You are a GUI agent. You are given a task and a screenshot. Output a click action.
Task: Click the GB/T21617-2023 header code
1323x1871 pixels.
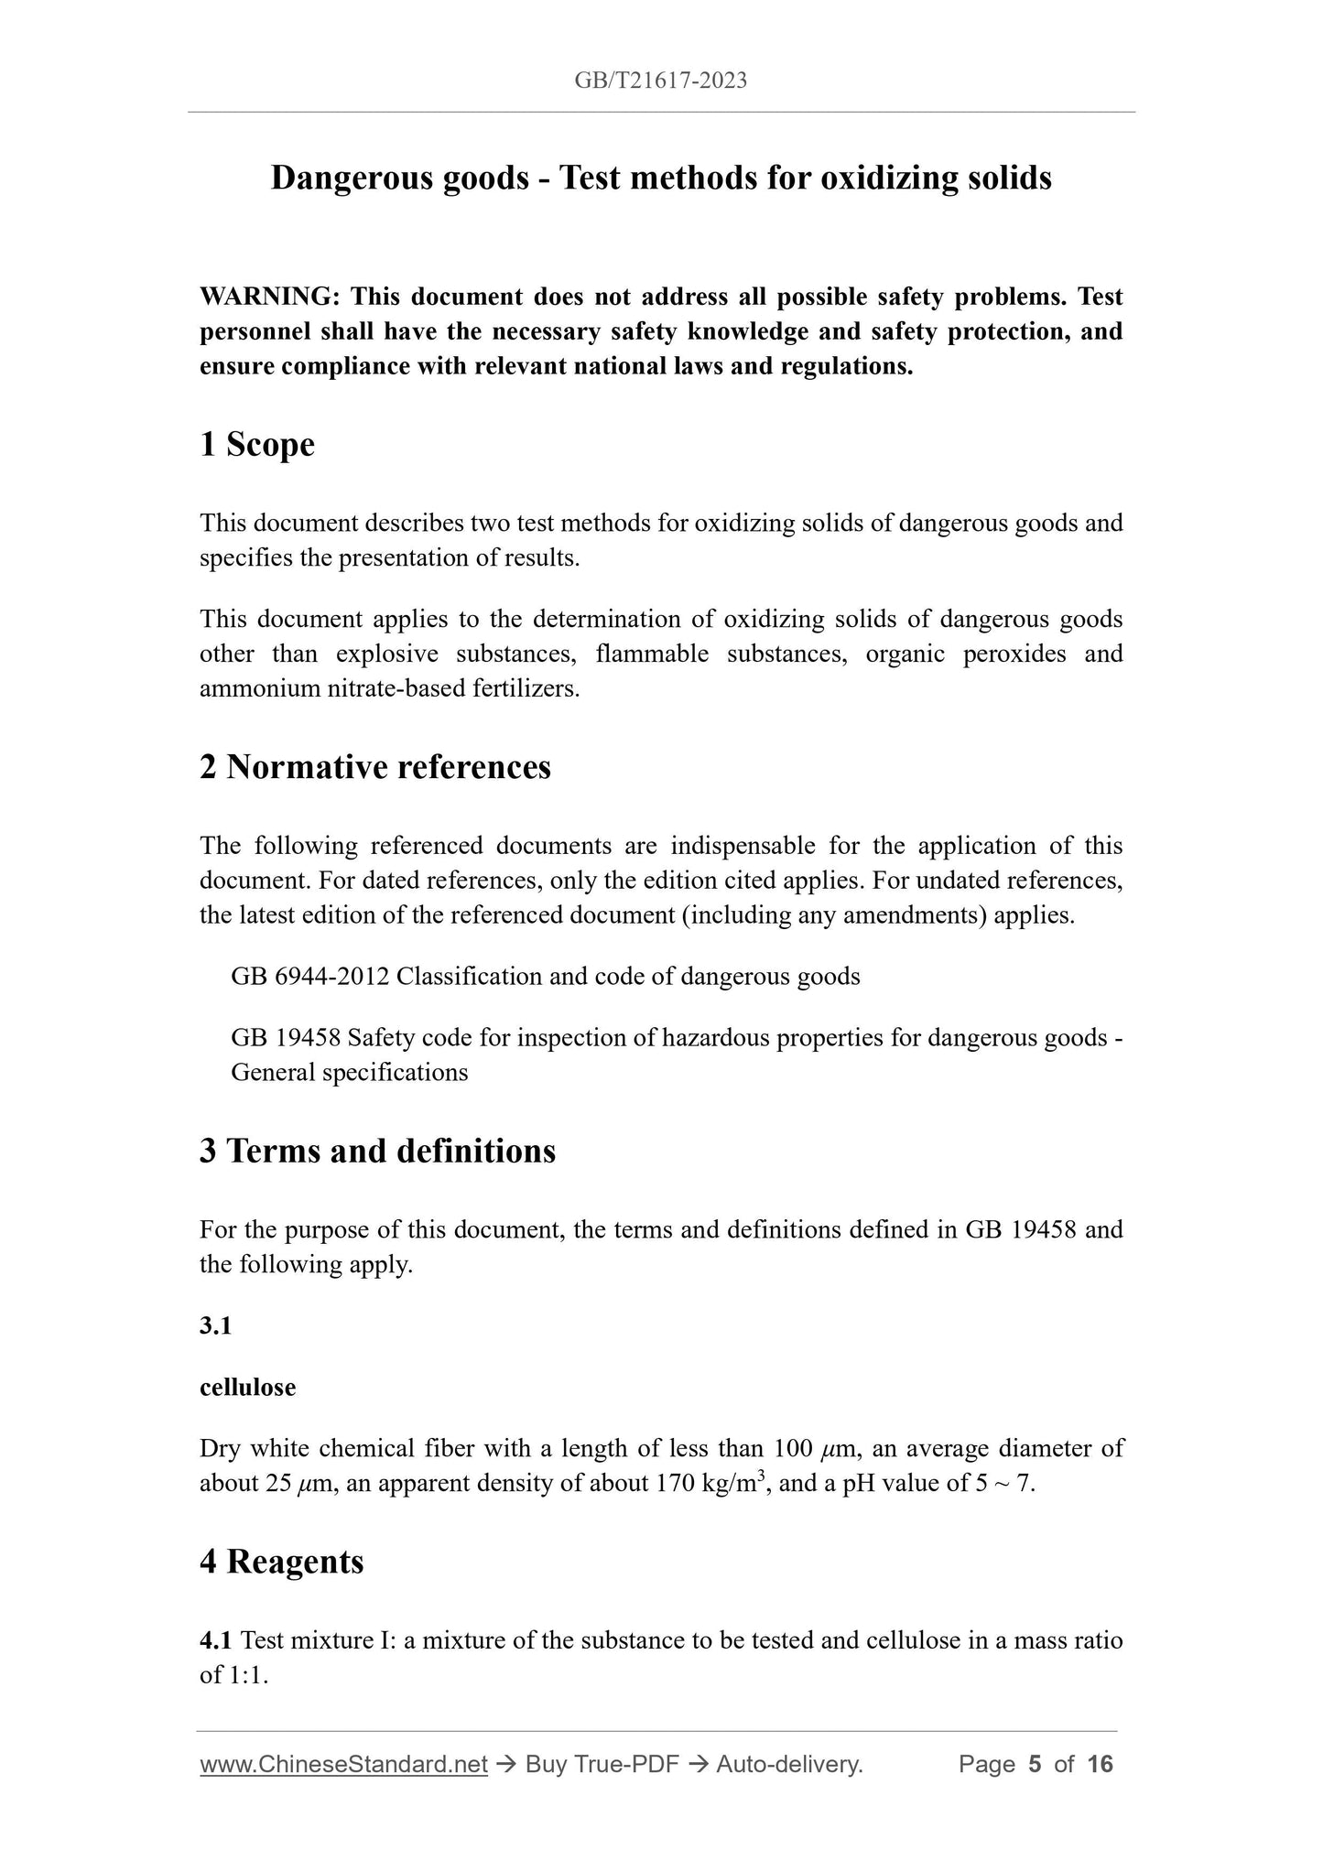pos(660,81)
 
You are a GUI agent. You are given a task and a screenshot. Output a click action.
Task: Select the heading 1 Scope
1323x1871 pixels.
pos(257,445)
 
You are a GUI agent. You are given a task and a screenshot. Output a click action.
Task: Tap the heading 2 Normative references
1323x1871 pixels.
pos(375,767)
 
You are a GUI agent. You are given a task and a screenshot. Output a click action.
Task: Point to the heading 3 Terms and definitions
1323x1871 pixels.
pos(377,1151)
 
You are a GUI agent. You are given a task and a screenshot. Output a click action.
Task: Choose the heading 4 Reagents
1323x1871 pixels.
pos(281,1561)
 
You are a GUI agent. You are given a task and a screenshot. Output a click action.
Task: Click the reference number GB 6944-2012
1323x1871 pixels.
pos(310,977)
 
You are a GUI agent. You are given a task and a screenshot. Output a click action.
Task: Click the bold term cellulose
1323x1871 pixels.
pos(247,1388)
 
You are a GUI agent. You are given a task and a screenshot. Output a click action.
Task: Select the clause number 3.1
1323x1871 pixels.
pos(215,1325)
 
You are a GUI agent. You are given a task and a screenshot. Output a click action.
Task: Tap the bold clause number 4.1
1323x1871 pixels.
pos(216,1640)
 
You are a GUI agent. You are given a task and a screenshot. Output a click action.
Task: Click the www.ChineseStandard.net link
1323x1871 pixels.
pos(342,1764)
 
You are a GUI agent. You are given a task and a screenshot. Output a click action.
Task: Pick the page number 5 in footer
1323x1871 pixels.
pos(1035,1764)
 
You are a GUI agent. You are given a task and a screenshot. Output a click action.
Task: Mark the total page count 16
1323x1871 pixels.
pos(1100,1764)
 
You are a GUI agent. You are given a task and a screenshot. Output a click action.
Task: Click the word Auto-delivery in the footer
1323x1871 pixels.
pos(788,1764)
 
